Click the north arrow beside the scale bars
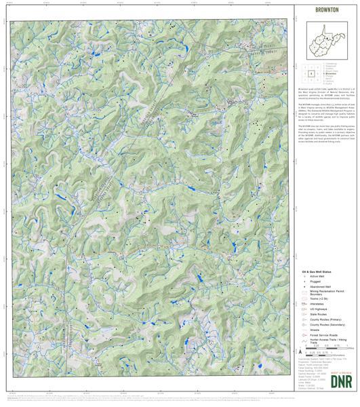coord(300,351)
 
